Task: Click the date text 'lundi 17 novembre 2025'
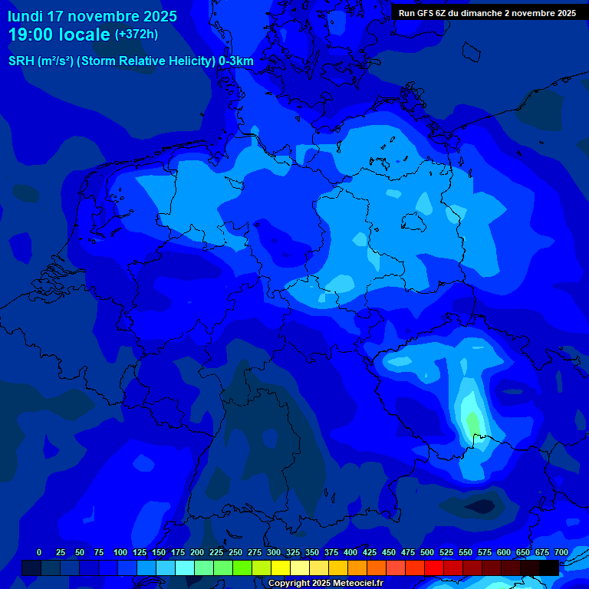pyautogui.click(x=92, y=16)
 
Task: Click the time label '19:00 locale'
pyautogui.click(x=60, y=35)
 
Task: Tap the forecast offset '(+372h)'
pyautogui.click(x=137, y=35)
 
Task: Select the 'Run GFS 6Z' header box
pyautogui.click(x=487, y=12)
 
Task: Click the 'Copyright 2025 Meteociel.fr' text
pyautogui.click(x=325, y=584)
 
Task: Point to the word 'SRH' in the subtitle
pyautogui.click(x=21, y=61)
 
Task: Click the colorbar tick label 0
pyautogui.click(x=39, y=552)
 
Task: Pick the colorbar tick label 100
pyautogui.click(x=120, y=552)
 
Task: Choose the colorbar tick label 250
pyautogui.click(x=235, y=552)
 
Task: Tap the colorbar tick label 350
pyautogui.click(x=312, y=552)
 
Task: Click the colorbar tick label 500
pyautogui.click(x=427, y=552)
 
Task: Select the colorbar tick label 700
pyautogui.click(x=561, y=552)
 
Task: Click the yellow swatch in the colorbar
pyautogui.click(x=281, y=568)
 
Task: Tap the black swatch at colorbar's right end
pyautogui.click(x=549, y=568)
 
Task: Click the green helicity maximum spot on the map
pyautogui.click(x=472, y=423)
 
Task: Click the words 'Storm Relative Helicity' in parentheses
pyautogui.click(x=146, y=61)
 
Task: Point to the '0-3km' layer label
pyautogui.click(x=236, y=61)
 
